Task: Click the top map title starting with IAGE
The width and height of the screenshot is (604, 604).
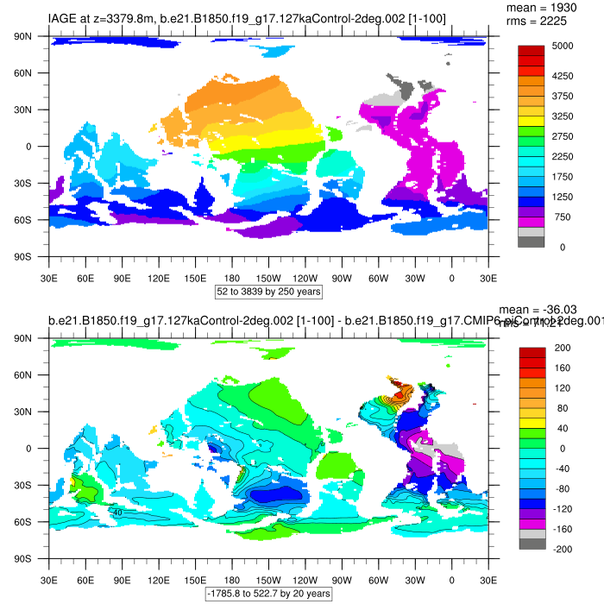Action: coord(247,18)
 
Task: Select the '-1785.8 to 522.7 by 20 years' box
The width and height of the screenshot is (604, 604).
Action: coord(268,594)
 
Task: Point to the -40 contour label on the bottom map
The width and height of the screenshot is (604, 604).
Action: coord(116,512)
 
